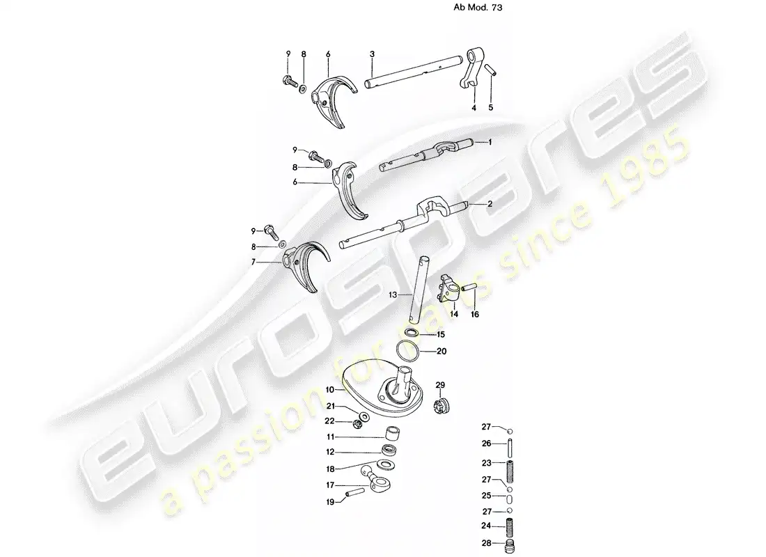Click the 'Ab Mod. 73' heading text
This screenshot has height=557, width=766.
[x=478, y=8]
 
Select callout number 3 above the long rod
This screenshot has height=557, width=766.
[x=373, y=54]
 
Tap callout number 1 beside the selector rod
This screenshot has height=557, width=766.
[x=490, y=142]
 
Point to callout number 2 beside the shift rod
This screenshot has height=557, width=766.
[x=490, y=204]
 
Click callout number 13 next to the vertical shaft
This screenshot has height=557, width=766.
[x=393, y=295]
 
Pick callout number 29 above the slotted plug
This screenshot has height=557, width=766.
[x=440, y=386]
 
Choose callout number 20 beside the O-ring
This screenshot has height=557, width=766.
[x=441, y=352]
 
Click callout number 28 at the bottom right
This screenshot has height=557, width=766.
[x=487, y=543]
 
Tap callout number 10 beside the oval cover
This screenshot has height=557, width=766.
[x=330, y=390]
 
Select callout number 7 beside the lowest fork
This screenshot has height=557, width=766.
[x=253, y=262]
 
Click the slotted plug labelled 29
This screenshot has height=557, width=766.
[x=441, y=407]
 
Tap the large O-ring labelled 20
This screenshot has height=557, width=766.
[x=407, y=351]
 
